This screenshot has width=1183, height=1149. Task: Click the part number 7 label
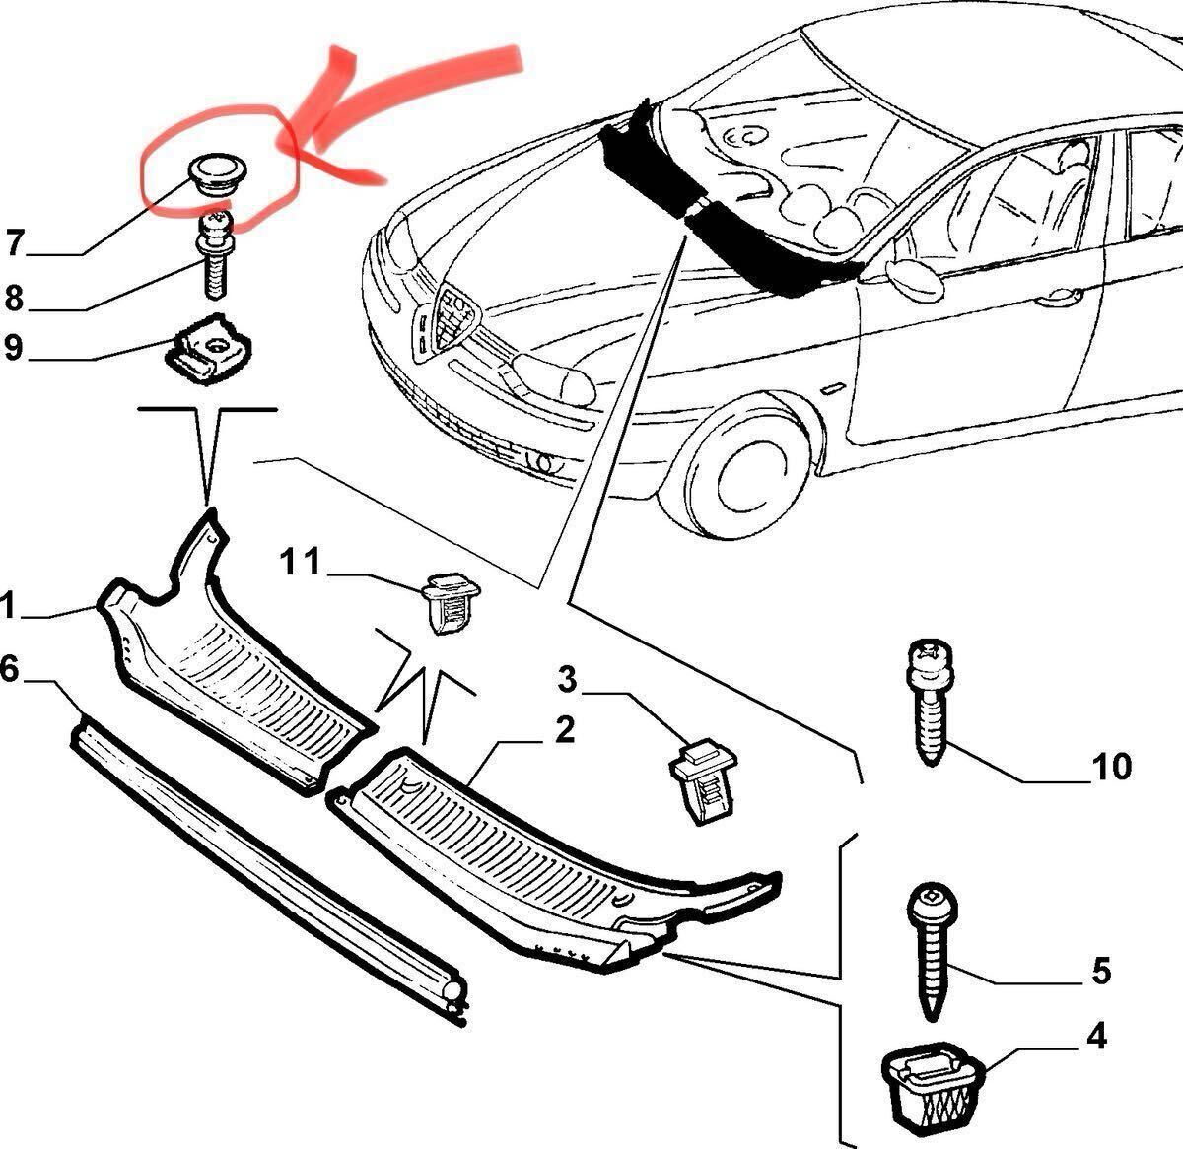[x=14, y=241]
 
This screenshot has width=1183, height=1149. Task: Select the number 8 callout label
[x=14, y=298]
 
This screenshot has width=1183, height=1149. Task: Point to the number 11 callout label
[x=301, y=563]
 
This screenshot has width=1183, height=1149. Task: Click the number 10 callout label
[x=1110, y=767]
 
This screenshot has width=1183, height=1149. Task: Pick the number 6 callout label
[x=10, y=670]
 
